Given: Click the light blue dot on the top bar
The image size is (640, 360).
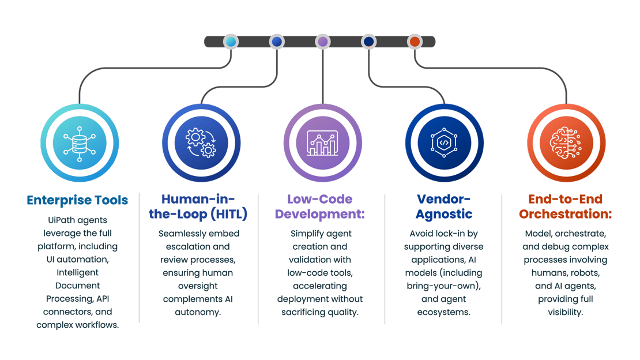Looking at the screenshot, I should (231, 42).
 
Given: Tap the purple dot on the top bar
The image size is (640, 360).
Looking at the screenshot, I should (323, 42).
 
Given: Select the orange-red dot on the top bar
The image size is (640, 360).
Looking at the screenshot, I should (414, 42).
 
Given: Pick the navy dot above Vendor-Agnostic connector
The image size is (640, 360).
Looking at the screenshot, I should (368, 42).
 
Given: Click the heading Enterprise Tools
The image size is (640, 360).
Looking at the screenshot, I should (77, 200).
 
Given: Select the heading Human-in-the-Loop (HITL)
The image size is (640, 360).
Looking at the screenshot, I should (204, 207).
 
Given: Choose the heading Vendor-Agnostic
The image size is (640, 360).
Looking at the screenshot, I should (444, 207).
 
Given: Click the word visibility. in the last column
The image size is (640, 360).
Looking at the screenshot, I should (565, 312).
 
